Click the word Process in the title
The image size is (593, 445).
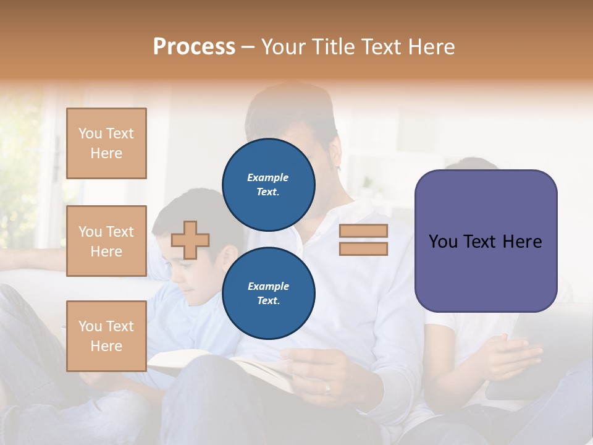pos(194,47)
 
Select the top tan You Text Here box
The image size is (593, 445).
pos(106,143)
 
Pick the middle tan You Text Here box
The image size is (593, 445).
pos(106,241)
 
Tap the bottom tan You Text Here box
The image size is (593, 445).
pos(106,336)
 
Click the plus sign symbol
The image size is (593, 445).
pos(190,240)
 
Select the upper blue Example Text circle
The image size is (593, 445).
pos(268,184)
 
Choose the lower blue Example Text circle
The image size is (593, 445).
pos(268,293)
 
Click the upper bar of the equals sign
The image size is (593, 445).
pos(363,231)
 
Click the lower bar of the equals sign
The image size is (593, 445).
pos(363,248)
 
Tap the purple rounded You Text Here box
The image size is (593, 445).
pos(486,241)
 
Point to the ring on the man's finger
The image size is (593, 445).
pos(327,388)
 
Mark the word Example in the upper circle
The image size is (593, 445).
pos(268,177)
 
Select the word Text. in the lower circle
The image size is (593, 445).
pos(268,300)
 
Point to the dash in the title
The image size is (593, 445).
pos(248,47)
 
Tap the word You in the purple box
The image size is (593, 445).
pos(444,241)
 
